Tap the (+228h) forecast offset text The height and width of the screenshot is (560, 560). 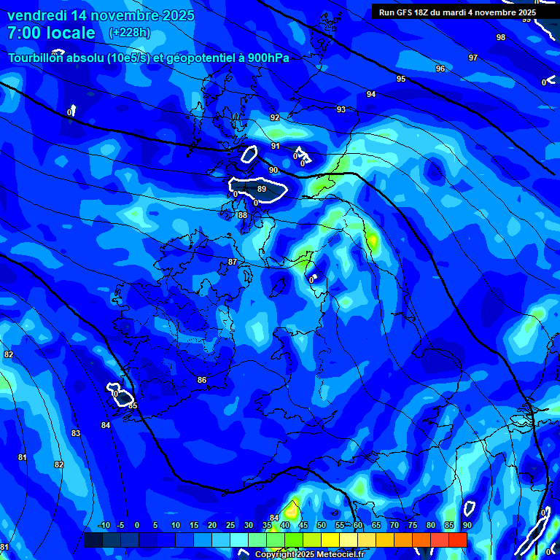[x=130, y=33]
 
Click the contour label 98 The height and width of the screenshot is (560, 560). [x=500, y=37]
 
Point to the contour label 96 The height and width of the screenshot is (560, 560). [x=440, y=69]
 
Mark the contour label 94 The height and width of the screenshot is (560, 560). [x=371, y=94]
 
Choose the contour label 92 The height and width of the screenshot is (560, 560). [x=275, y=117]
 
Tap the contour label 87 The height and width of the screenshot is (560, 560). [x=233, y=262]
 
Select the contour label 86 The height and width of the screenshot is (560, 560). [x=202, y=380]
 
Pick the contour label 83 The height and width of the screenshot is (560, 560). [x=76, y=433]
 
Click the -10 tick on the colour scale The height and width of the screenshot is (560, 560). [x=104, y=525]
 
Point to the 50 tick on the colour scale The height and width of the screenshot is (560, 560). [x=322, y=525]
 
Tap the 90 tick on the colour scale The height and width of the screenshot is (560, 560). [x=467, y=525]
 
